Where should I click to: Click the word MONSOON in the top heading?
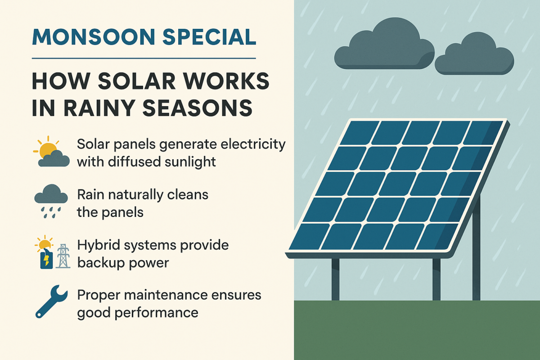[93, 37]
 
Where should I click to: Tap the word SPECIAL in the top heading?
[209, 37]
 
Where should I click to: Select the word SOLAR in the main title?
[137, 81]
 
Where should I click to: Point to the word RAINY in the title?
[99, 108]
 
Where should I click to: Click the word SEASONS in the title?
[198, 108]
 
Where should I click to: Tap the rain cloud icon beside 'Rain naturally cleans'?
[51, 201]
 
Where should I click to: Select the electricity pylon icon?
[63, 256]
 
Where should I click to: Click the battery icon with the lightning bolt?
[46, 260]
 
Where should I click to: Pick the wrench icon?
[51, 301]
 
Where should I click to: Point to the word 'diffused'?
[134, 162]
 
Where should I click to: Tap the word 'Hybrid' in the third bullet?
[99, 245]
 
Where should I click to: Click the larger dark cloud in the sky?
[384, 44]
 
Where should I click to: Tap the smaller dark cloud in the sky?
[474, 54]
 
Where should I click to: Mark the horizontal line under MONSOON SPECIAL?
[144, 58]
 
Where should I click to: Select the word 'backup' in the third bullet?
[100, 263]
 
